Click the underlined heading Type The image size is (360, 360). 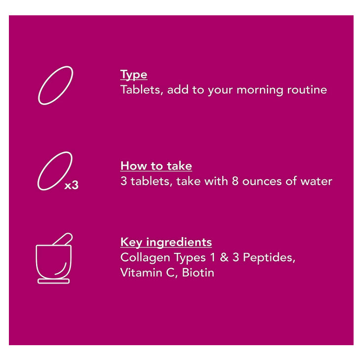(134, 75)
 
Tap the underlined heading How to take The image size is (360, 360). (156, 166)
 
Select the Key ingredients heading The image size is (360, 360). (166, 242)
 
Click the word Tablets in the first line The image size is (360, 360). (142, 89)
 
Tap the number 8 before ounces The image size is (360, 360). (235, 181)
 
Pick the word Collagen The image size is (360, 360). (145, 258)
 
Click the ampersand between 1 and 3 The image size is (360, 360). (224, 257)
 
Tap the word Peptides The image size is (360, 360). (269, 258)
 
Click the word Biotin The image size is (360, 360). (198, 273)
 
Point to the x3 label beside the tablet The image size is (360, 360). (72, 185)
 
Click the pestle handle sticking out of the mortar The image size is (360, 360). (63, 239)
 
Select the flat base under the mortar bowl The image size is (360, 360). (53, 281)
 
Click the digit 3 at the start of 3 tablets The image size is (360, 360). (123, 181)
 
